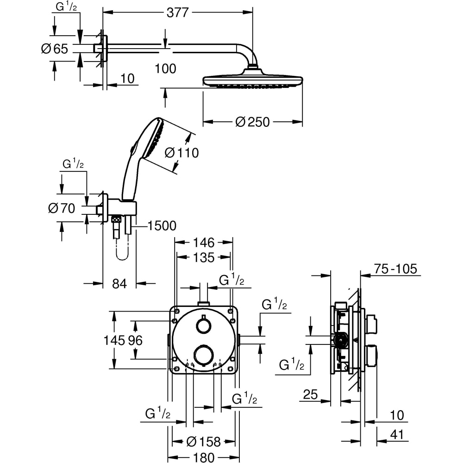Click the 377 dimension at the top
[177, 13]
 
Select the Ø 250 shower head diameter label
[252, 122]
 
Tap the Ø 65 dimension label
[55, 49]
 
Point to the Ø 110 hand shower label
[181, 152]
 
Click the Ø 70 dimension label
[61, 208]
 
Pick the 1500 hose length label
[162, 226]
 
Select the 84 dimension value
[119, 284]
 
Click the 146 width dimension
[204, 243]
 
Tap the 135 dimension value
[204, 257]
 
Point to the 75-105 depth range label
[396, 269]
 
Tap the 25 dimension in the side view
[310, 395]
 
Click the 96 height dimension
[135, 340]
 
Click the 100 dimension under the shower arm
[165, 69]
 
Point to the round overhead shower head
[252, 80]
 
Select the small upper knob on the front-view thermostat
[202, 325]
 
